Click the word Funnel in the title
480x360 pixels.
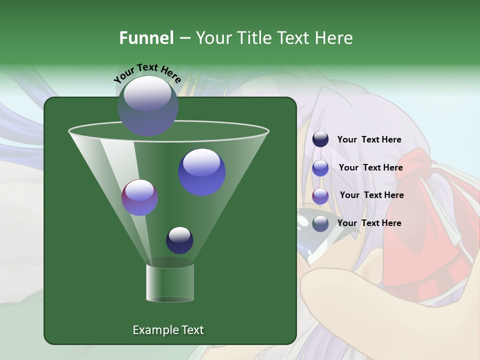point(146,38)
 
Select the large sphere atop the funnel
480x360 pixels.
point(147,106)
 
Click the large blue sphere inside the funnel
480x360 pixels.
point(201,172)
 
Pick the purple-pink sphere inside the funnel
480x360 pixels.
point(139,197)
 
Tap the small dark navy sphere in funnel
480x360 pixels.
point(179,240)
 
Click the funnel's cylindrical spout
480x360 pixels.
point(169,283)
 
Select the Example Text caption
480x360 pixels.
point(168,330)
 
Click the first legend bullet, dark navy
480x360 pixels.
point(320,139)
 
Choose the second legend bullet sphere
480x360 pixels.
point(320,168)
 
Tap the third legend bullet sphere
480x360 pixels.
point(320,196)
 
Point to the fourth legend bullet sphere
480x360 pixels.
point(320,223)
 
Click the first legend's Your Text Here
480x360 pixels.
point(369,140)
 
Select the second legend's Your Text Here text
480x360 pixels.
point(370,168)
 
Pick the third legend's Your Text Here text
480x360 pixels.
point(371,195)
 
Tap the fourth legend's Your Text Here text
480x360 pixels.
point(369,223)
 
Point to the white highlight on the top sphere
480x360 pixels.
point(147,93)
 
